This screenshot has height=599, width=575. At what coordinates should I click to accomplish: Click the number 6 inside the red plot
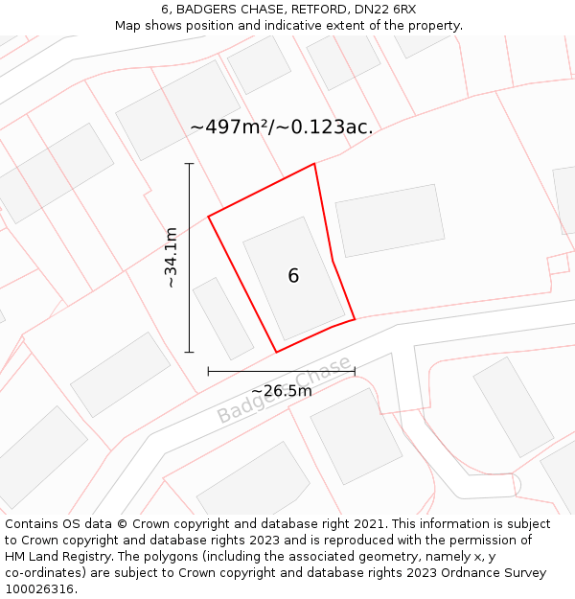coord(293,276)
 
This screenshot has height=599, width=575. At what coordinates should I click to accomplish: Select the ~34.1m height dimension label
coord(171,258)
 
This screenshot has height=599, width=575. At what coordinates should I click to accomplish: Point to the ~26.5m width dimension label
coord(281,391)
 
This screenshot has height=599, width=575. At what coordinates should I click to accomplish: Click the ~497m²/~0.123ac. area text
coord(282,127)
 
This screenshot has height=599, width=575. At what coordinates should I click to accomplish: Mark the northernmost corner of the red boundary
coord(314,164)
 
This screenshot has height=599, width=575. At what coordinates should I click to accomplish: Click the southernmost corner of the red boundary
coord(277,352)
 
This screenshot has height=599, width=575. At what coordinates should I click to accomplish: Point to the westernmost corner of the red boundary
coord(208,216)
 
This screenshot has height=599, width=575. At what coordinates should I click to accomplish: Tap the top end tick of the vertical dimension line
coord(190,164)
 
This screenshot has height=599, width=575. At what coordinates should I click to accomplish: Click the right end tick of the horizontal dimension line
coord(355,371)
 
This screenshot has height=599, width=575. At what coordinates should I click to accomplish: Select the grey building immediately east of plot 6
coord(390,220)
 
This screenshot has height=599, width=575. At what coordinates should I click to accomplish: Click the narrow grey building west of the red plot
coord(223,318)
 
